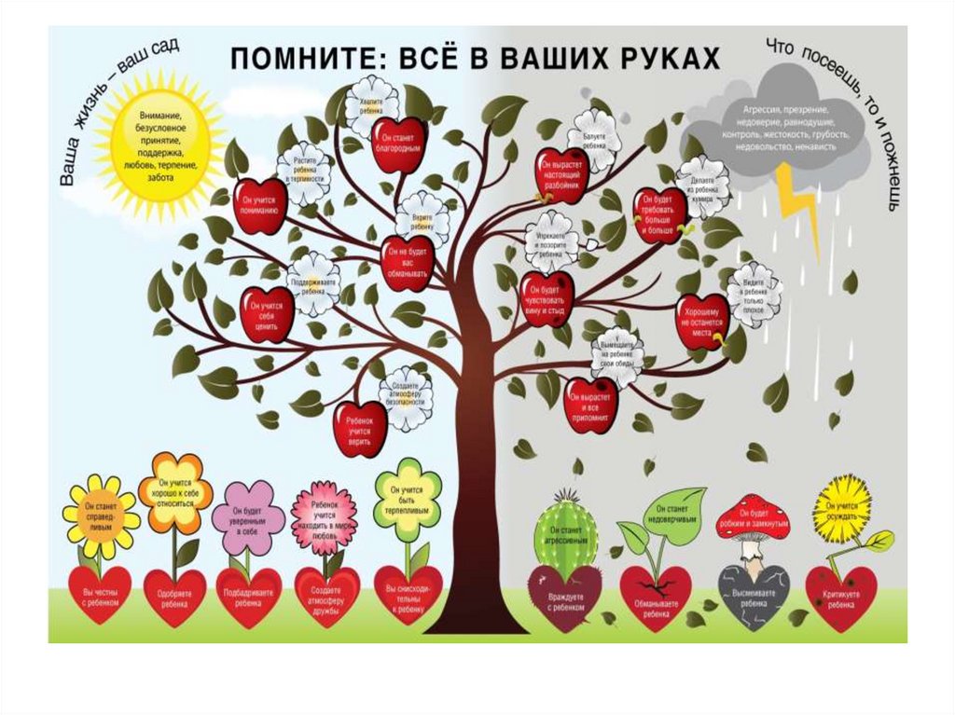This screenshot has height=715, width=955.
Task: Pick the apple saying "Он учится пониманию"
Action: [x=259, y=207]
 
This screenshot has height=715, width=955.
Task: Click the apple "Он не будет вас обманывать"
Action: [x=407, y=262]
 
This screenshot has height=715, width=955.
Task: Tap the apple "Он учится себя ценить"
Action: [x=267, y=313]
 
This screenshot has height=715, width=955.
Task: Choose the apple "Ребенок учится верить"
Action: [x=359, y=426]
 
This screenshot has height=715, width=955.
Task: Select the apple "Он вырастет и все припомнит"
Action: [x=591, y=404]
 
